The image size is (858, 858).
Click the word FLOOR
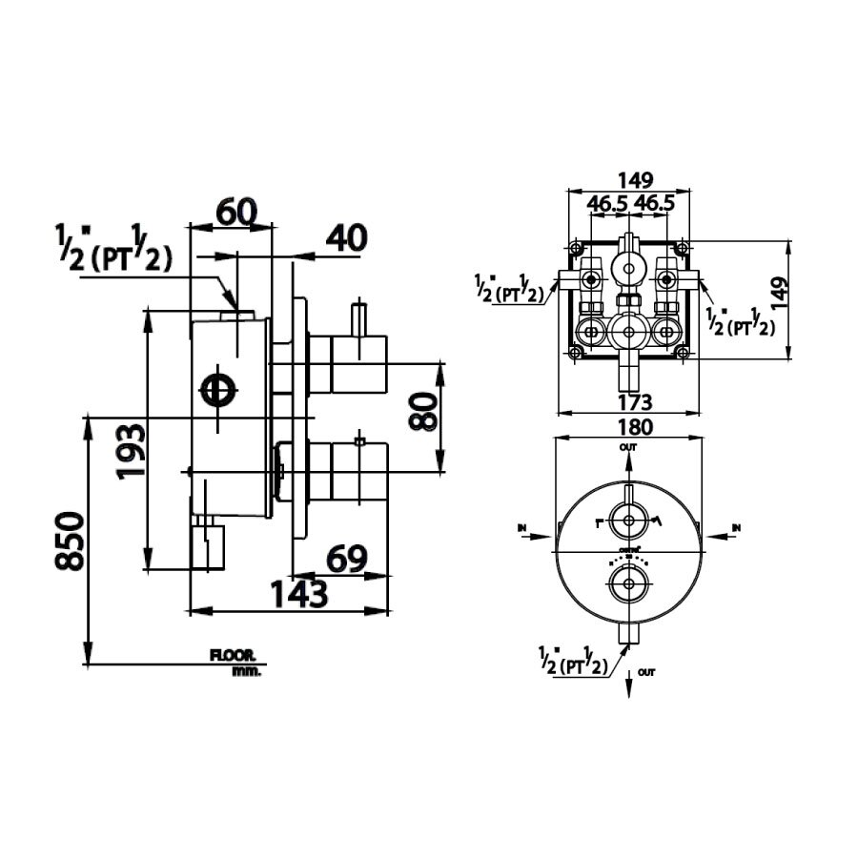click(234, 656)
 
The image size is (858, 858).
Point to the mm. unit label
click(245, 670)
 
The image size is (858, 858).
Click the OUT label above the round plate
click(628, 446)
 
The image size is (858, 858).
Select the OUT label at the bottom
click(648, 673)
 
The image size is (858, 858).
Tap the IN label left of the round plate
click(523, 526)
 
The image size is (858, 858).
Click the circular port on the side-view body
click(218, 390)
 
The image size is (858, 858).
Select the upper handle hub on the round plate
click(628, 521)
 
